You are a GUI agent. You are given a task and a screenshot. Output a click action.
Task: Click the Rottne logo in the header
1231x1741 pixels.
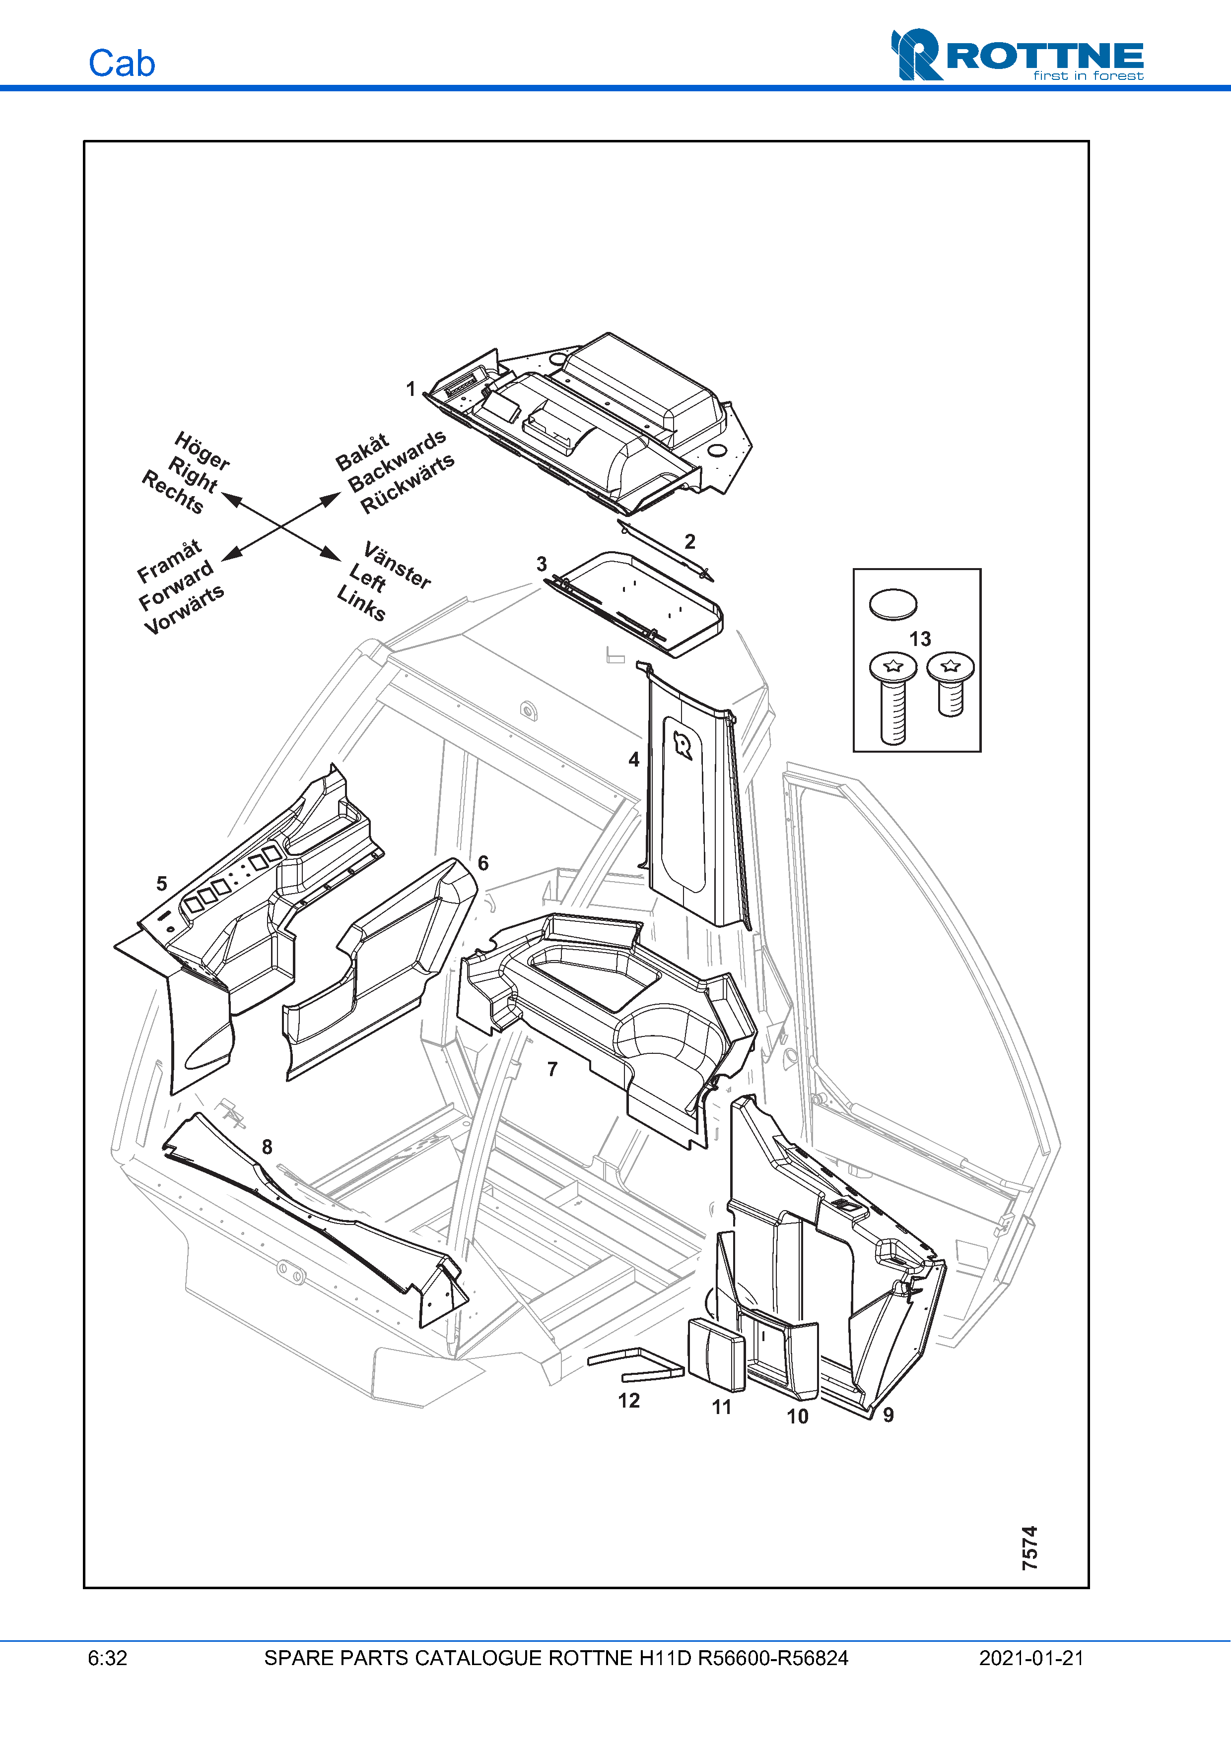tap(1017, 56)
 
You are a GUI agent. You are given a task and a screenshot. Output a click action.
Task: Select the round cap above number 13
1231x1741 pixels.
tap(892, 604)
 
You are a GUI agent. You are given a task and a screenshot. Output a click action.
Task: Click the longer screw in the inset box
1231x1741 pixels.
tap(892, 698)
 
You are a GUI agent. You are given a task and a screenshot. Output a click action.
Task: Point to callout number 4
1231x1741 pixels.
tap(634, 759)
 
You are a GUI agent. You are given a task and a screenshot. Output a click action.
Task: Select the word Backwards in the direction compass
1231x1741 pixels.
tap(397, 460)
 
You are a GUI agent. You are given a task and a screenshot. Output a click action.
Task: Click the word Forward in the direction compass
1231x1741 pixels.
tap(176, 586)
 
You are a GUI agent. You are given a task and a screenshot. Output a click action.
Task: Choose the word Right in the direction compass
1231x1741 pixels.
tap(193, 475)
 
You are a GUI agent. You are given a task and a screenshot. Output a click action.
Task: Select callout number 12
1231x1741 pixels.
tap(629, 1401)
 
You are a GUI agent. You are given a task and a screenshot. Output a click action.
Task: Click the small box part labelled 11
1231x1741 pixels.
tap(715, 1355)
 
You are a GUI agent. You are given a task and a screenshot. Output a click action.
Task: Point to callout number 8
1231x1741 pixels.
tap(267, 1147)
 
